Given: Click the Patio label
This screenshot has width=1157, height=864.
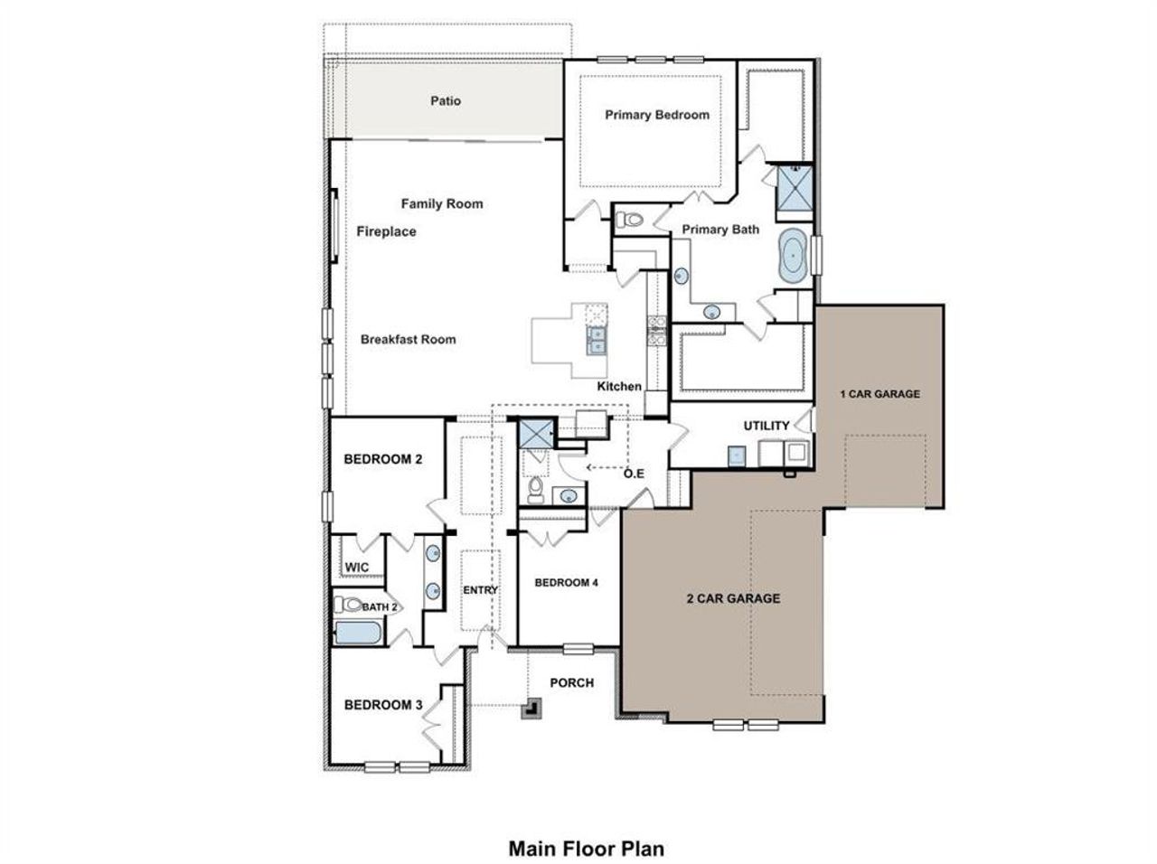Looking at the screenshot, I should click(x=445, y=100).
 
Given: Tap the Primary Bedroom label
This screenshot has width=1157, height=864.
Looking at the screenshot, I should click(x=657, y=115).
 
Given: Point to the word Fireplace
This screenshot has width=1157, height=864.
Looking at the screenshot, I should click(x=386, y=231).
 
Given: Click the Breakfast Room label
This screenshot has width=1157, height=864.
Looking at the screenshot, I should click(x=408, y=340).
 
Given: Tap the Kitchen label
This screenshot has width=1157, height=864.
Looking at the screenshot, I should click(x=619, y=386).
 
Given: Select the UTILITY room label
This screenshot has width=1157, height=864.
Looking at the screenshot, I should click(x=767, y=425).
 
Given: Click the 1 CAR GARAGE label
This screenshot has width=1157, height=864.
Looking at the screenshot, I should click(x=880, y=393).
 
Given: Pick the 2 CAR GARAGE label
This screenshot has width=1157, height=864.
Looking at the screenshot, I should click(x=732, y=597).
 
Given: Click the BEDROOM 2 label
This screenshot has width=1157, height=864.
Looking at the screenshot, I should click(x=383, y=458).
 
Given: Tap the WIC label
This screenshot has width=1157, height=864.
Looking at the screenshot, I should click(x=356, y=568).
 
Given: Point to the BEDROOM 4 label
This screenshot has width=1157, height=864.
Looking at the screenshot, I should click(x=566, y=582).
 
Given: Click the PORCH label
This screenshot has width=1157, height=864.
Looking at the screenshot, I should click(x=572, y=682).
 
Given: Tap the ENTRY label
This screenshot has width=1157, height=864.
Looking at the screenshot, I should click(x=480, y=590).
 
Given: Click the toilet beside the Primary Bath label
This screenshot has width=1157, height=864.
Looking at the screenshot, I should click(x=629, y=219).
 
